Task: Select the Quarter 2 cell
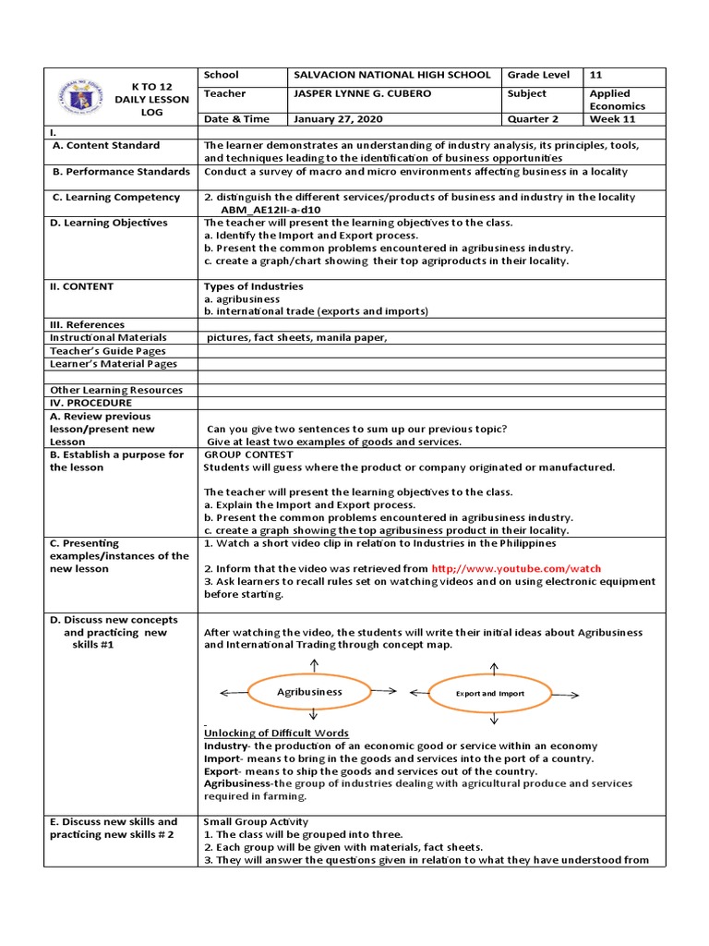pos(534,118)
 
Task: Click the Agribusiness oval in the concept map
pos(309,691)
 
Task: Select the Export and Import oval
pos(489,692)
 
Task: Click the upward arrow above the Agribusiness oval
pos(314,664)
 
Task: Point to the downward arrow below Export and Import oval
pos(495,719)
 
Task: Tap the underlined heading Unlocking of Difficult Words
pos(276,733)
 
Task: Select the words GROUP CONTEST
pos(248,455)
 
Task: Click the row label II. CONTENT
pos(83,286)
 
